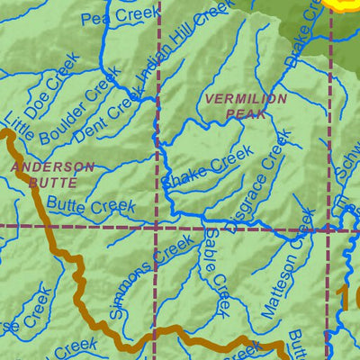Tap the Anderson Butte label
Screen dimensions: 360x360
pyautogui.click(x=52, y=174)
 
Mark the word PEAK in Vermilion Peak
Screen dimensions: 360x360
pyautogui.click(x=233, y=114)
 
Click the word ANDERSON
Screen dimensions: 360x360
pyautogui.click(x=52, y=167)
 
